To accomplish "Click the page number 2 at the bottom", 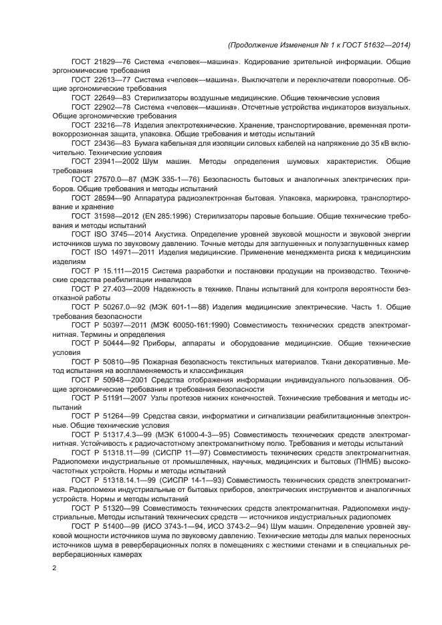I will point(55,568).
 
